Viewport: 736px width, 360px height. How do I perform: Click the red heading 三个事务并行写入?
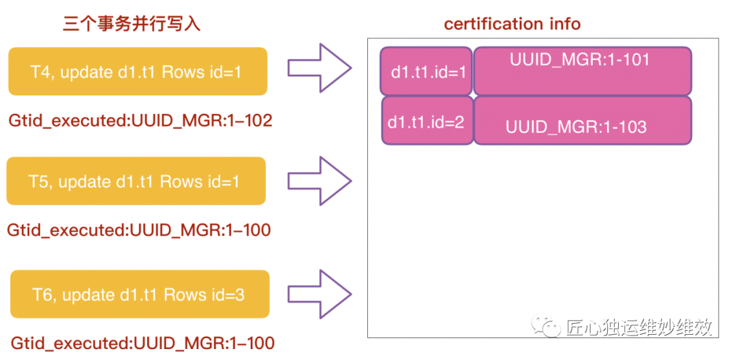[x=132, y=25]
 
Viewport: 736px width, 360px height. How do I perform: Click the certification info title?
[x=512, y=25]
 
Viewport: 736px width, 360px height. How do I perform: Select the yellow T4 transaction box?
[x=137, y=72]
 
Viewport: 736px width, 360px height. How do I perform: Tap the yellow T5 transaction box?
[x=136, y=181]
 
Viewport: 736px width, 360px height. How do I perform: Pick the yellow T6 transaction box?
[x=140, y=295]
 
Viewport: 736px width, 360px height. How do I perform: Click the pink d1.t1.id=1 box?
[x=427, y=71]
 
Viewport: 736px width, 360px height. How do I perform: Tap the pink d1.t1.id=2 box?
[x=427, y=121]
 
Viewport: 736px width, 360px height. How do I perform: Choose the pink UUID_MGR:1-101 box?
[x=583, y=71]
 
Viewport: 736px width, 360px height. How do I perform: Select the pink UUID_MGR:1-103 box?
[x=583, y=121]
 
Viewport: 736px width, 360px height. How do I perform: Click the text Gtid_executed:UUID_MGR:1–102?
[x=140, y=121]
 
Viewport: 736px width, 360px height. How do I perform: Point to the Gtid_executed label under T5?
[x=139, y=230]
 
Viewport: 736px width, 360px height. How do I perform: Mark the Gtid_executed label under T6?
[x=142, y=343]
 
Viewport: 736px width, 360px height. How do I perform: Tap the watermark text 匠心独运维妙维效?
[x=639, y=327]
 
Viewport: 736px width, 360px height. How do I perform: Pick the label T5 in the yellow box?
[x=40, y=182]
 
